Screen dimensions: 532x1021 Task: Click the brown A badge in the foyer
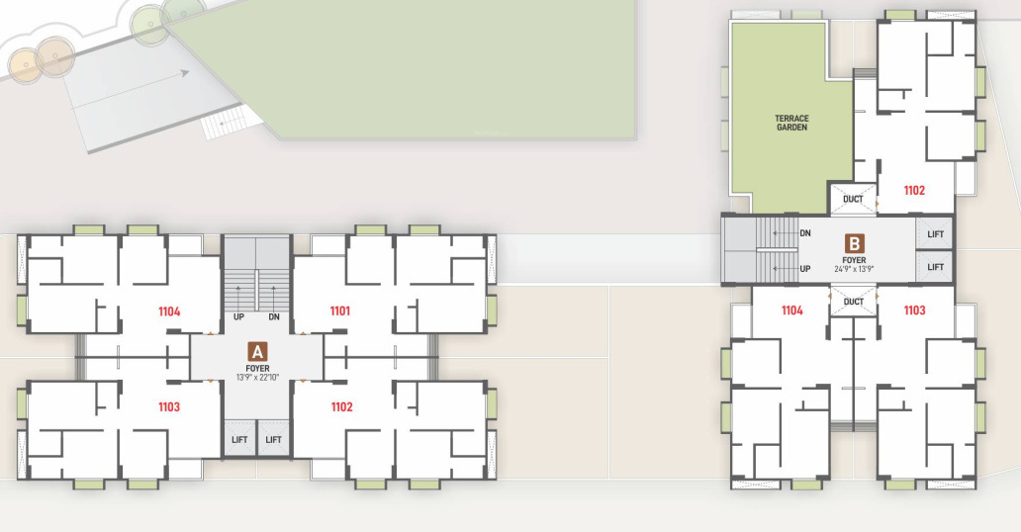257,351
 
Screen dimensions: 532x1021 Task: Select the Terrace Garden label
791,124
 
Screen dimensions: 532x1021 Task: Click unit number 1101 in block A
340,311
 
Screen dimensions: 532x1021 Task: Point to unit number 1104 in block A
169,311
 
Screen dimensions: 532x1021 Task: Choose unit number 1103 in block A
169,406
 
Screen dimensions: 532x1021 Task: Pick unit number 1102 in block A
340,406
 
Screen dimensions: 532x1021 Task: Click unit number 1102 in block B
913,190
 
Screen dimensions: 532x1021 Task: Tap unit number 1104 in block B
791,310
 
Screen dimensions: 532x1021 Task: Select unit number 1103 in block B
913,310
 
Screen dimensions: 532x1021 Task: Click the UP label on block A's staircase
239,317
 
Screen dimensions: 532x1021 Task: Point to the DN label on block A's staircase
274,317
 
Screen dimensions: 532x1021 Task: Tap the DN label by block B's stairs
804,233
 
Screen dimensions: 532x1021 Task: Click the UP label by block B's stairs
804,268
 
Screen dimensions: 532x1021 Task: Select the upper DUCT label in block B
853,199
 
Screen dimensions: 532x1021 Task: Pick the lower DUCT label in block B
853,302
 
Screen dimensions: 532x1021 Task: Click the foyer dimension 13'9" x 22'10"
257,377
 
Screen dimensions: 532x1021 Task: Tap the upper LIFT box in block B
935,233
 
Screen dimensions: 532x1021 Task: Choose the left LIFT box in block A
239,439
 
